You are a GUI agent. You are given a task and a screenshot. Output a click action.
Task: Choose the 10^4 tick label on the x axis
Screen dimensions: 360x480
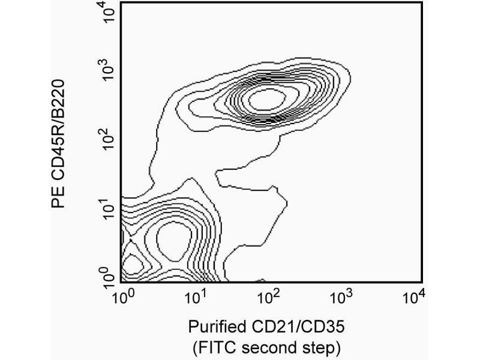[x=413, y=297]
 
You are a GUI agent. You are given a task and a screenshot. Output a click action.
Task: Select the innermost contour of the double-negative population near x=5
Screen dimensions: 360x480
[x=173, y=239]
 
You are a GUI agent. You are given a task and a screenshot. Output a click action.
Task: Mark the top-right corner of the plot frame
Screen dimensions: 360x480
[x=422, y=2]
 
